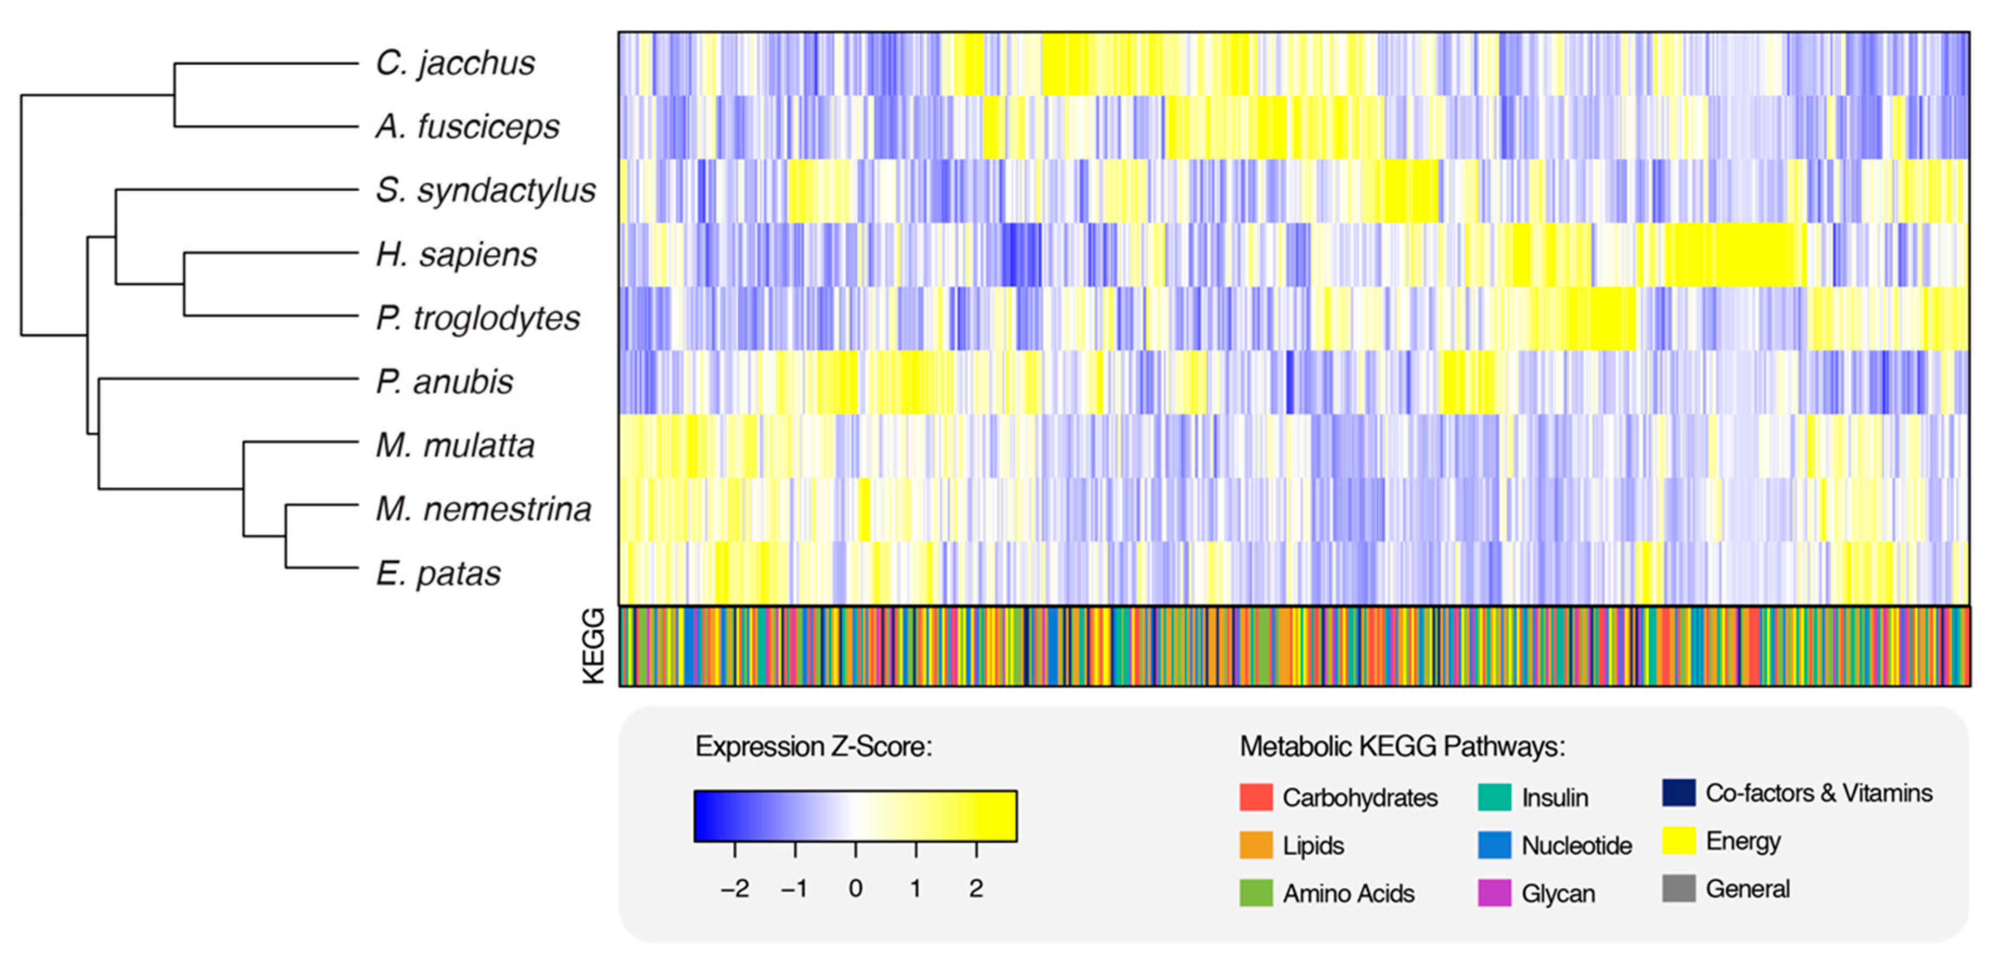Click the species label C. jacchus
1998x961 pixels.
pos(455,63)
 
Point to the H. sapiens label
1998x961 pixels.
pos(456,254)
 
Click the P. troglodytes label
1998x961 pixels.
pos(478,318)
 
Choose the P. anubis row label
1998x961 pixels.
pos(444,382)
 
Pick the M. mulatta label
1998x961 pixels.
pos(455,446)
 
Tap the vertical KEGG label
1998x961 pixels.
pos(593,646)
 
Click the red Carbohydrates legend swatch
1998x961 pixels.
pos(1256,797)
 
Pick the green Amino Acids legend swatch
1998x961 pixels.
pos(1256,893)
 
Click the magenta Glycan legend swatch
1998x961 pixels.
pos(1494,893)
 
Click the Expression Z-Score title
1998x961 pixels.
pos(813,747)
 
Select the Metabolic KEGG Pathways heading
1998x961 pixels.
pos(1402,747)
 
